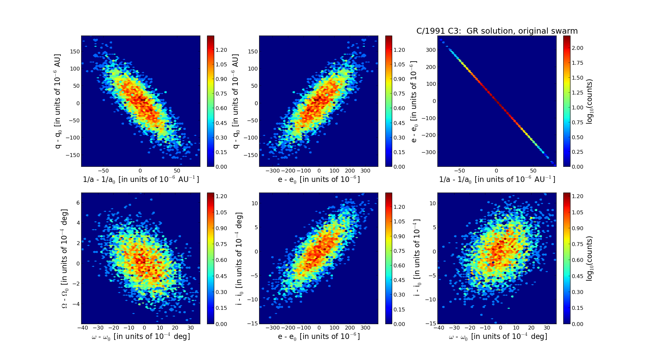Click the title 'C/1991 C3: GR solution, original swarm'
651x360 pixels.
[x=497, y=31]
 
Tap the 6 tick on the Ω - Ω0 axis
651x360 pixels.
[x=78, y=203]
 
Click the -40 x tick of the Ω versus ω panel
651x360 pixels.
[x=83, y=328]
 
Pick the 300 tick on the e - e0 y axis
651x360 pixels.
[x=431, y=50]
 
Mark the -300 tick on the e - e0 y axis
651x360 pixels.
[x=429, y=152]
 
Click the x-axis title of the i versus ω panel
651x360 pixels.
[x=498, y=337]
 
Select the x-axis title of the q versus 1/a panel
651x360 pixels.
[x=141, y=180]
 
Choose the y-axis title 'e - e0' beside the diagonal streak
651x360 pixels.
[x=414, y=101]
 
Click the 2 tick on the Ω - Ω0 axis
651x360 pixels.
[x=78, y=243]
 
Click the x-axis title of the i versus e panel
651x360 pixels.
[x=319, y=337]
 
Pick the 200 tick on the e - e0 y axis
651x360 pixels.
[x=431, y=67]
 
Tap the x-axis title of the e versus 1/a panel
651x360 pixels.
[x=497, y=180]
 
